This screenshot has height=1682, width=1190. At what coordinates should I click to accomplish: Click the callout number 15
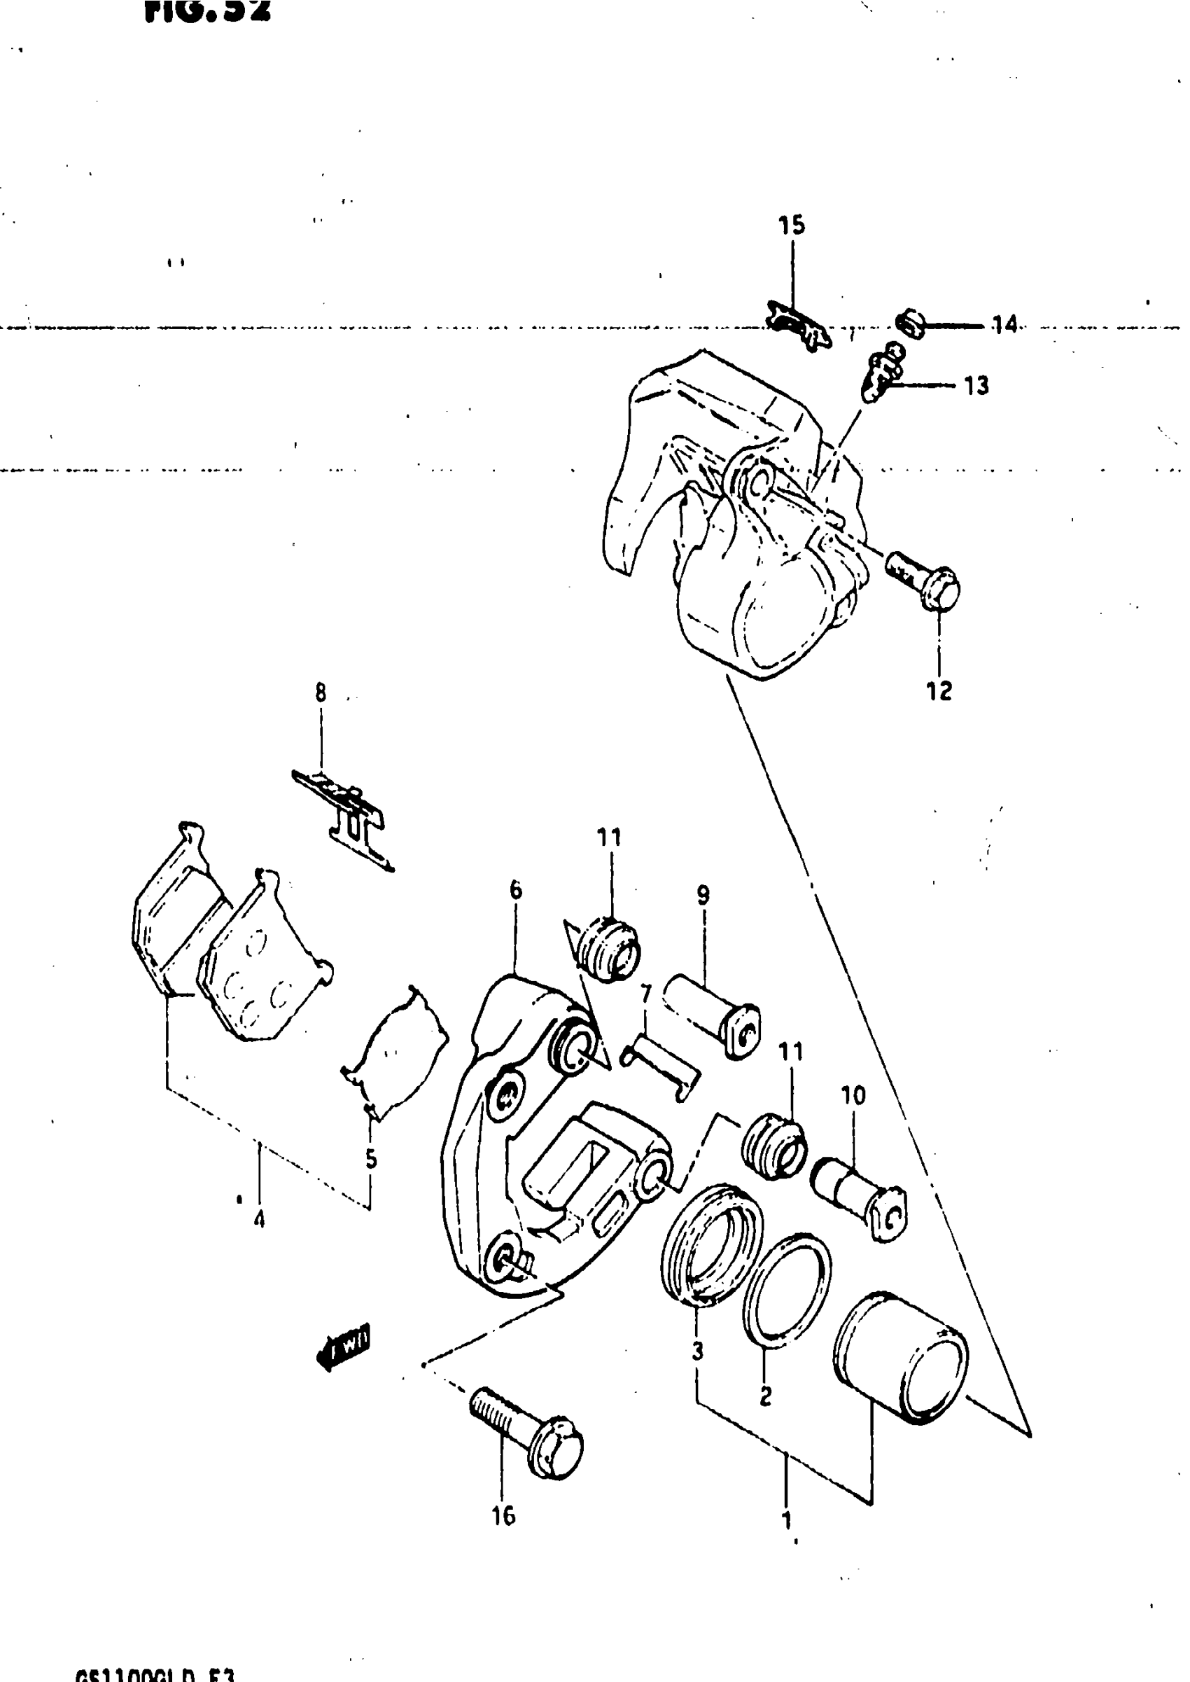click(x=792, y=225)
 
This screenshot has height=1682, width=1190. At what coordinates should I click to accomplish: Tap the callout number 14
click(x=1004, y=324)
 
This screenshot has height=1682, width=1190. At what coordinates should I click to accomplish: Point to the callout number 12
click(x=939, y=690)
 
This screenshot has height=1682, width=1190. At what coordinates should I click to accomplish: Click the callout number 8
click(x=320, y=692)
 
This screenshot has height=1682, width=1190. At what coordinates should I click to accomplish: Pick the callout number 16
click(x=503, y=1515)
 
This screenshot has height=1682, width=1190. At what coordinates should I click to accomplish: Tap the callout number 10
click(x=853, y=1096)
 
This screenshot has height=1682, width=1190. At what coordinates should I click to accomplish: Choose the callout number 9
click(x=703, y=895)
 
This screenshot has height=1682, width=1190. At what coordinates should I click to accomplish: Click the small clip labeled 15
click(x=797, y=325)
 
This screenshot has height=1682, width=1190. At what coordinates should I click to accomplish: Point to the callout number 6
click(x=516, y=891)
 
